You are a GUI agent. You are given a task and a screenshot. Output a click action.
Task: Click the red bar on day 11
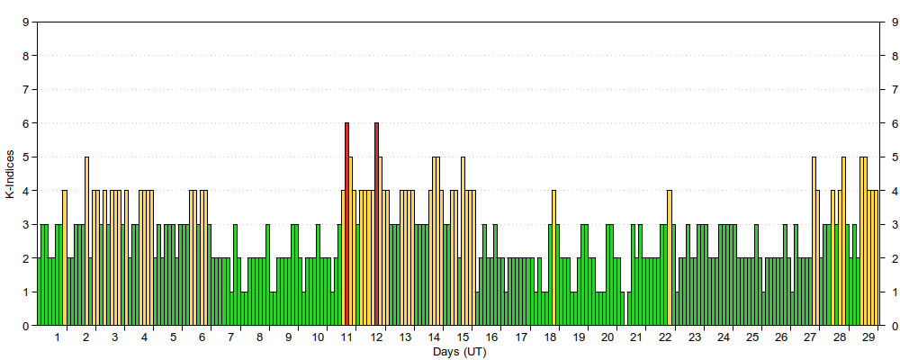pyautogui.click(x=346, y=224)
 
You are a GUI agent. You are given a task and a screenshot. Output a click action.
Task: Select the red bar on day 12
pyautogui.click(x=376, y=224)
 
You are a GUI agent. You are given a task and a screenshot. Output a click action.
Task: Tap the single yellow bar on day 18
pyautogui.click(x=553, y=258)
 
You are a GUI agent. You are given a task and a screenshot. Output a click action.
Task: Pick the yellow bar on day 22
pyautogui.click(x=670, y=258)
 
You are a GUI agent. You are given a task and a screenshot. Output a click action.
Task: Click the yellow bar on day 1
pyautogui.click(x=65, y=258)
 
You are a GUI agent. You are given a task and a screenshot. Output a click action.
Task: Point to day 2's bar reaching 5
pyautogui.click(x=86, y=241)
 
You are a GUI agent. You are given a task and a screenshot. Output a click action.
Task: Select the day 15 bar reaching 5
pyautogui.click(x=463, y=241)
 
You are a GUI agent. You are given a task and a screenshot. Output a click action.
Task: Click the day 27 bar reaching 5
pyautogui.click(x=814, y=241)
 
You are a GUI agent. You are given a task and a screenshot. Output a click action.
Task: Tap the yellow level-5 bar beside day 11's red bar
pyautogui.click(x=351, y=241)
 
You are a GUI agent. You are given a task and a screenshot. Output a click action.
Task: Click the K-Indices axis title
pyautogui.click(x=10, y=175)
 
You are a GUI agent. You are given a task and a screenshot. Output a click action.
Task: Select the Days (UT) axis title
pyautogui.click(x=459, y=352)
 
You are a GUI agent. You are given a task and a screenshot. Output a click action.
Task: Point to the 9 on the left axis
pyautogui.click(x=26, y=22)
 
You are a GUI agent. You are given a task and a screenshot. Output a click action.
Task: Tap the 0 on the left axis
pyautogui.click(x=26, y=326)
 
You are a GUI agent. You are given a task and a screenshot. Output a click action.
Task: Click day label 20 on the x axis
pyautogui.click(x=607, y=337)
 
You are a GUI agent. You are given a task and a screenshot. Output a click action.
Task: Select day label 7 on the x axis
pyautogui.click(x=230, y=337)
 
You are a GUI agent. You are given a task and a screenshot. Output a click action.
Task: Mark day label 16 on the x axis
pyautogui.click(x=491, y=337)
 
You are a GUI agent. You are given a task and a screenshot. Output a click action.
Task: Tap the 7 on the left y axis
pyautogui.click(x=26, y=90)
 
